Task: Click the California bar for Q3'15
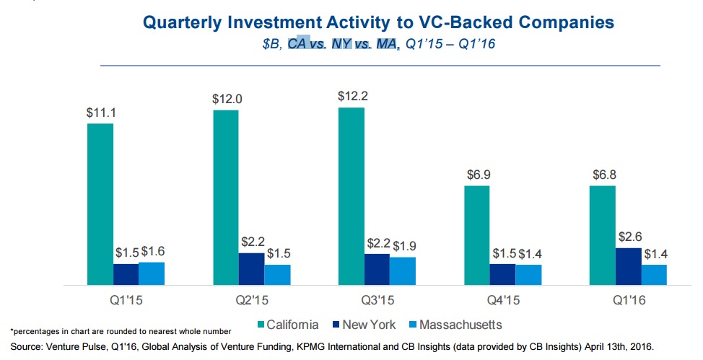[x=351, y=196]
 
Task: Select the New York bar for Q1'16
[x=629, y=266]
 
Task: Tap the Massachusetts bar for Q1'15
[x=152, y=273]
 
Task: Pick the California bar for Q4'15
[x=477, y=235]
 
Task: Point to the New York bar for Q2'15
[x=251, y=269]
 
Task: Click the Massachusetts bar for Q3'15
[x=403, y=271]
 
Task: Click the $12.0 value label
[x=227, y=99]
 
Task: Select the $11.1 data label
[x=101, y=113]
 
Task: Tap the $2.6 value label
[x=630, y=236]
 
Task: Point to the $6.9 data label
[x=479, y=175]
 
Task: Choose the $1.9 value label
[x=404, y=246]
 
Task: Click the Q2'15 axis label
[x=252, y=300]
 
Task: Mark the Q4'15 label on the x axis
[x=504, y=300]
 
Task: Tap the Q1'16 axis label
[x=629, y=300]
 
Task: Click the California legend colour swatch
[x=261, y=325]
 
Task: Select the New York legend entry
[x=364, y=325]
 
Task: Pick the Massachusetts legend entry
[x=456, y=325]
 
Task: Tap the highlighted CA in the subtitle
[x=297, y=43]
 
